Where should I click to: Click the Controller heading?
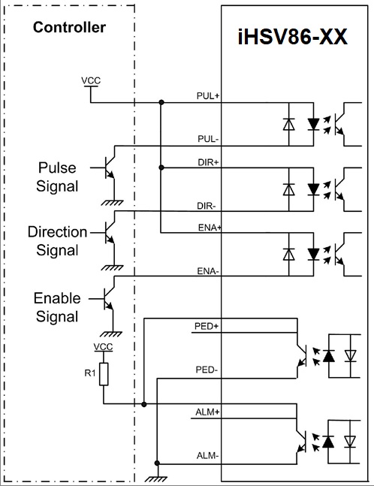click(x=69, y=27)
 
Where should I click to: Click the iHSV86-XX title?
click(x=292, y=37)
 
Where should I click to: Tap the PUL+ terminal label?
click(x=208, y=96)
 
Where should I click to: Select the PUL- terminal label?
click(x=208, y=139)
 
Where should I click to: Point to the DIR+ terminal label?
click(x=208, y=162)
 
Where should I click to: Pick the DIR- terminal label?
click(x=207, y=206)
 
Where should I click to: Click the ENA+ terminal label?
click(x=210, y=228)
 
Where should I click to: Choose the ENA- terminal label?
click(x=208, y=271)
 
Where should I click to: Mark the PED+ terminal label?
click(x=207, y=326)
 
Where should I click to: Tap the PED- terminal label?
click(x=207, y=370)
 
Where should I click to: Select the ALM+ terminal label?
click(x=207, y=412)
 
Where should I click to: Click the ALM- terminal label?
click(x=207, y=456)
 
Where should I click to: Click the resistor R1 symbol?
click(x=104, y=374)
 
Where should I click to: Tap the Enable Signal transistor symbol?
click(x=108, y=299)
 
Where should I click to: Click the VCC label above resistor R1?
click(x=103, y=347)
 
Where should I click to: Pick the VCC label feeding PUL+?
click(x=91, y=80)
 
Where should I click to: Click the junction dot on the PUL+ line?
click(x=161, y=102)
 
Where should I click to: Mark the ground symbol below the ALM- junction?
click(x=157, y=478)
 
